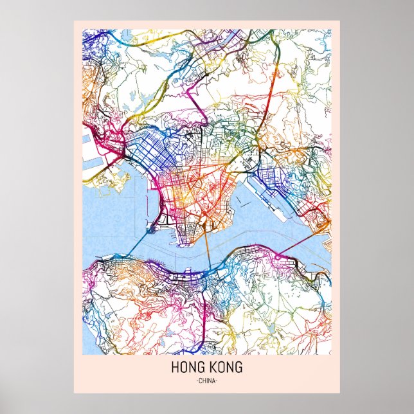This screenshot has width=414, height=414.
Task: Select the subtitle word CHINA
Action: click(207, 381)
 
